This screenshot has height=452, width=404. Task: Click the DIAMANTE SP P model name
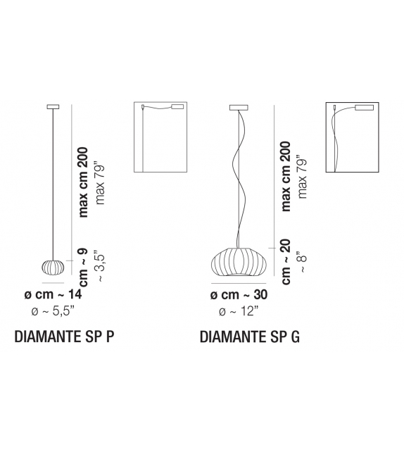coord(64,337)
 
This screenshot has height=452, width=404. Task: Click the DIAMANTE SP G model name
coord(250,337)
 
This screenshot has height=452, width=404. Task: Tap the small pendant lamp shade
coord(53,268)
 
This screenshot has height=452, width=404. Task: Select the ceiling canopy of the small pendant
coord(53,107)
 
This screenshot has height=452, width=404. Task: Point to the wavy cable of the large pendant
coord(239,176)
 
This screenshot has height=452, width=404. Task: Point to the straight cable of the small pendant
coord(53,183)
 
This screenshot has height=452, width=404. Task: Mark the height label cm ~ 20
coord(286,260)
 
